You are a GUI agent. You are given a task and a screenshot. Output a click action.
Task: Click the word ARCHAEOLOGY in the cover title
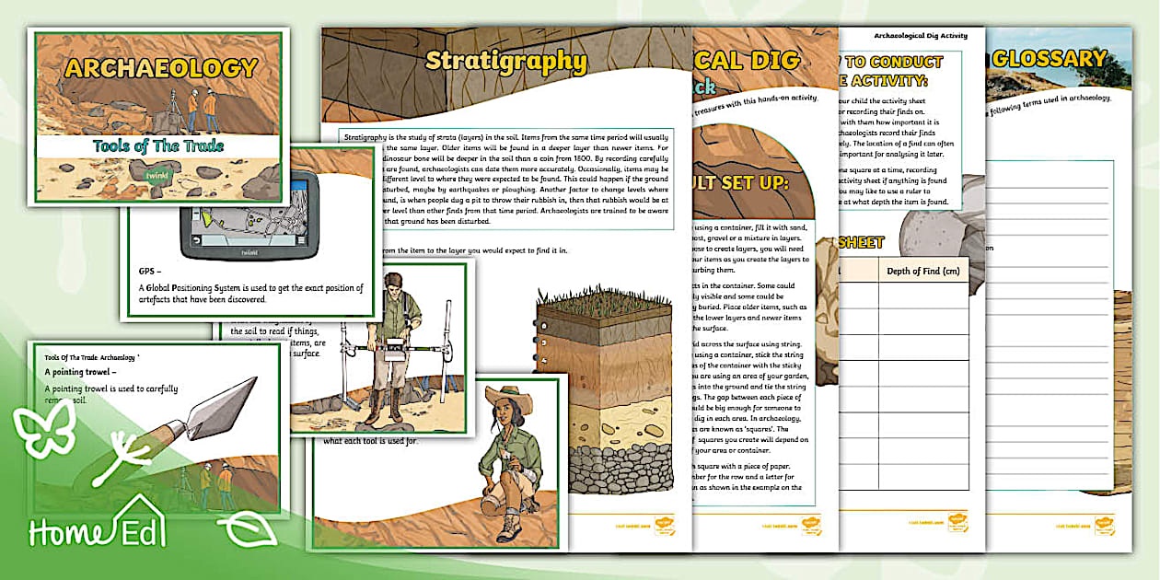[161, 69]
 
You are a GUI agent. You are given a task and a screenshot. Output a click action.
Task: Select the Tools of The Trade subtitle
[157, 145]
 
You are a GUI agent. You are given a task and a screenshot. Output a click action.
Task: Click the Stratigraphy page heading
[505, 62]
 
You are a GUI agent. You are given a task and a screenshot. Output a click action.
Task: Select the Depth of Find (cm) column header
[922, 271]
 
